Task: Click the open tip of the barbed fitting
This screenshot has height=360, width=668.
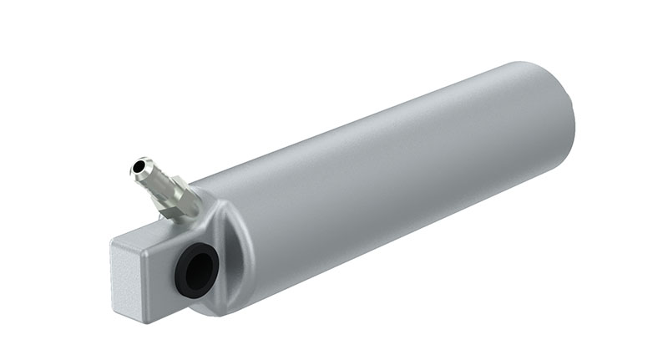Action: coord(138,169)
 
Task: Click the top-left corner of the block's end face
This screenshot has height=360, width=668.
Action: coord(114,243)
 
